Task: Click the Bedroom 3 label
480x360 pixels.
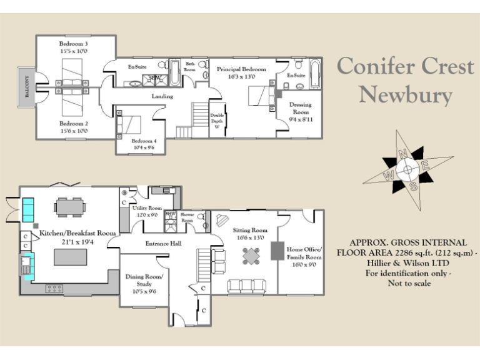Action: (x=74, y=44)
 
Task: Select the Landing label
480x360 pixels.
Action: (x=162, y=97)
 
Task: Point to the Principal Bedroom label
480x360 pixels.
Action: (x=241, y=69)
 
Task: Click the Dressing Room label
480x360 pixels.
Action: (x=301, y=109)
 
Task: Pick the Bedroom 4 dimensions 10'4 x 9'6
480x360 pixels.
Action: (x=143, y=148)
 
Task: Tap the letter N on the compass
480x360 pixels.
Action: (x=403, y=153)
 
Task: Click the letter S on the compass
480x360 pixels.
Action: (x=413, y=186)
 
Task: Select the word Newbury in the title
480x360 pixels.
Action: (x=405, y=96)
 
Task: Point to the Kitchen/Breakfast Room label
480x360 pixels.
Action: (x=77, y=233)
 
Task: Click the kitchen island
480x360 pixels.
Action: (x=70, y=257)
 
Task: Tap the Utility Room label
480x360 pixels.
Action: (x=147, y=208)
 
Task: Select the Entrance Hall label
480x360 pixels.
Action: (x=163, y=243)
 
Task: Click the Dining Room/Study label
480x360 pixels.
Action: (x=144, y=280)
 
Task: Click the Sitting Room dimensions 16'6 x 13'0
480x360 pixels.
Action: (x=249, y=238)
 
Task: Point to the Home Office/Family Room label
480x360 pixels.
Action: (x=304, y=253)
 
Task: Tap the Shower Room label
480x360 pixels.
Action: (x=187, y=216)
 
